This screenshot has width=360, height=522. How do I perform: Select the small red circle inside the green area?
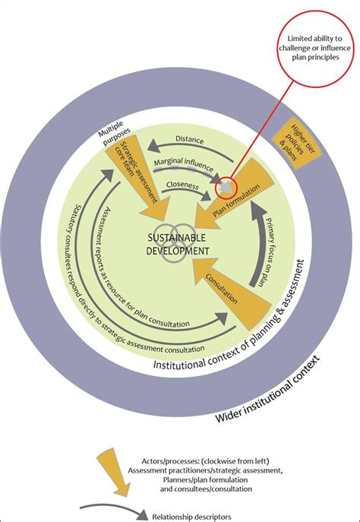tap(227, 185)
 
